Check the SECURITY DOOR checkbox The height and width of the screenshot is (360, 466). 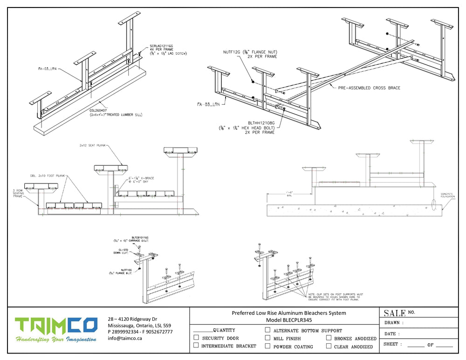(x=196, y=338)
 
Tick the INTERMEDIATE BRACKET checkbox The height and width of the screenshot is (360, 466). (x=196, y=346)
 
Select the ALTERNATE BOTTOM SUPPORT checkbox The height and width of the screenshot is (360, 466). (x=267, y=330)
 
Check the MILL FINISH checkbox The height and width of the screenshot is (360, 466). (x=267, y=338)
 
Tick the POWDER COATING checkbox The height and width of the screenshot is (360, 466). (x=267, y=346)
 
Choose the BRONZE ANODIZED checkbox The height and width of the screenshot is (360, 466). (x=329, y=338)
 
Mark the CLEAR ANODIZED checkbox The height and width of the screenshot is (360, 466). (x=329, y=346)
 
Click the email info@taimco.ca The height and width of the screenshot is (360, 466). (x=125, y=339)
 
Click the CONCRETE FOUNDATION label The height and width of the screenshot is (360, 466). (x=447, y=196)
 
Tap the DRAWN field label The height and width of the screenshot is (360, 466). (x=393, y=323)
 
